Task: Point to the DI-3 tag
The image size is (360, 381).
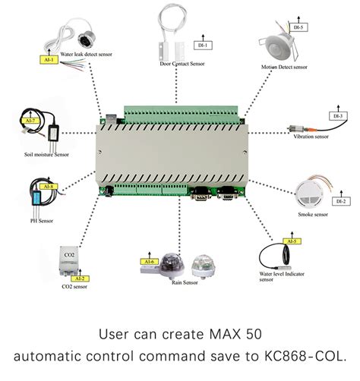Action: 337,116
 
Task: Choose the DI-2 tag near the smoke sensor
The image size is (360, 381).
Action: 339,201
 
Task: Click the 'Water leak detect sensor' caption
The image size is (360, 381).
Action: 89,55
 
